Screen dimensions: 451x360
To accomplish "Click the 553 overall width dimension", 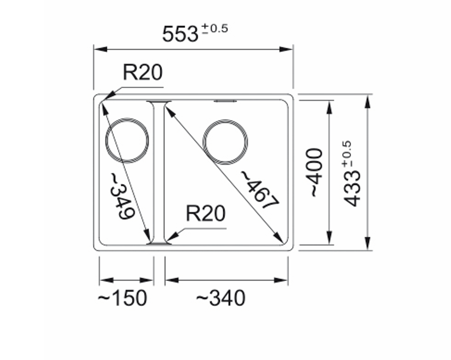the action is (180, 34).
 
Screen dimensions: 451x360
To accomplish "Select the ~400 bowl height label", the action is (316, 172).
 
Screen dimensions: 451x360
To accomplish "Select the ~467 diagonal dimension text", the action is (259, 190).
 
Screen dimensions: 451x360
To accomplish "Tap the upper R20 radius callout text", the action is (143, 72).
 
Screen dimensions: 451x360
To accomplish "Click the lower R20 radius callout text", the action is (206, 213).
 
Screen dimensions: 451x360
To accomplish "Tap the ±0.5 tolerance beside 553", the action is (215, 29).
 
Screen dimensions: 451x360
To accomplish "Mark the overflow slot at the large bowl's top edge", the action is (225, 101).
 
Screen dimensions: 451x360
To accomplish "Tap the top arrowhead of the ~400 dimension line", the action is (330, 107).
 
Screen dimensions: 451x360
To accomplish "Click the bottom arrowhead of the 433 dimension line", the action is (367, 243).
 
